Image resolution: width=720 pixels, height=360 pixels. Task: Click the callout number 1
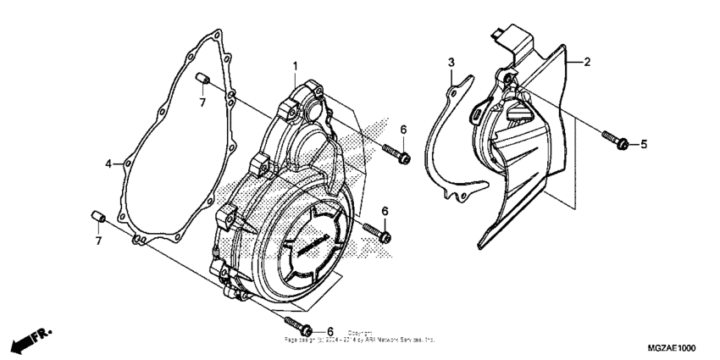point(295,66)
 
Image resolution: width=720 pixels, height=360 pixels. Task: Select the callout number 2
point(587,62)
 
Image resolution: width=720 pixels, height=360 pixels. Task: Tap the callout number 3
point(451,63)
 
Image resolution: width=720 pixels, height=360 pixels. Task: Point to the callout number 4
point(108,163)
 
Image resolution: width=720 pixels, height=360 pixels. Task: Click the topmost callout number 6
point(404,129)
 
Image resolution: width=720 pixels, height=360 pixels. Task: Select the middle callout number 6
point(385,210)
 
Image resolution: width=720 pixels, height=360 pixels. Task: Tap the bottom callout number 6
point(330,331)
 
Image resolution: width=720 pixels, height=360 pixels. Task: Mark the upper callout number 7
point(202,102)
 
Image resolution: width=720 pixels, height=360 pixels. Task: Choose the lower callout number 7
point(98,241)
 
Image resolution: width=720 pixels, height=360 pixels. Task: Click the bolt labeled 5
point(614,139)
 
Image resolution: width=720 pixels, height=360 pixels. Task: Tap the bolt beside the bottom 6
point(298,325)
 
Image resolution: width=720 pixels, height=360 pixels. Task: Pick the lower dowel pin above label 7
point(97,219)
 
